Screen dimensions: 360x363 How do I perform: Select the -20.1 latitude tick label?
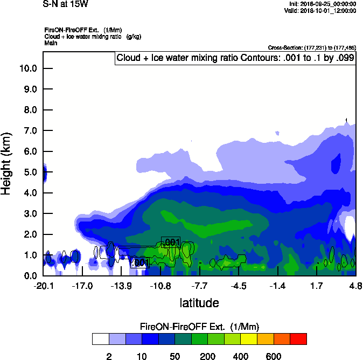click(44, 285)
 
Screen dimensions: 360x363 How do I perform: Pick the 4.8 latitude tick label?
click(355, 285)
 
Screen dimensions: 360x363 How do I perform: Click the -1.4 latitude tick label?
click(277, 285)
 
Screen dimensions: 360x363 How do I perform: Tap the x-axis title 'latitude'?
click(199, 303)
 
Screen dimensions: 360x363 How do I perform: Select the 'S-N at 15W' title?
click(66, 4)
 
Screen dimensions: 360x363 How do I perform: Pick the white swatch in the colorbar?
click(100, 339)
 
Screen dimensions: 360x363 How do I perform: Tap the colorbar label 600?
click(274, 356)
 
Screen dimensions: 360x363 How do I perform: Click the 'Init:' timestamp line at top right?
click(322, 4)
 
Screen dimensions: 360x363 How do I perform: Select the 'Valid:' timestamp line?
click(322, 11)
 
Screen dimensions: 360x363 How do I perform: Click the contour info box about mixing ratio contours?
click(235, 58)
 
